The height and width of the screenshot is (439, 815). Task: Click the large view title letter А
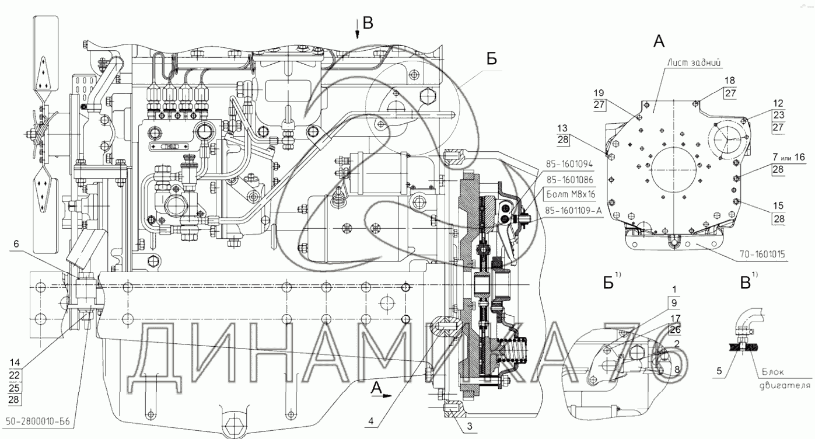[659, 41]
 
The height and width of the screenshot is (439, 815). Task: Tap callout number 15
[779, 205]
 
